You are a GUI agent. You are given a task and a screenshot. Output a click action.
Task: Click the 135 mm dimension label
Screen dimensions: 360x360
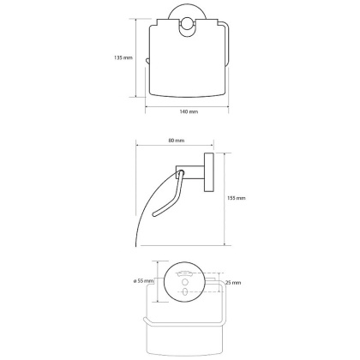pos(123,57)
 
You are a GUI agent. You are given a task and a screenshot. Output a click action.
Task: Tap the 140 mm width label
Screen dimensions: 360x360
pos(189,111)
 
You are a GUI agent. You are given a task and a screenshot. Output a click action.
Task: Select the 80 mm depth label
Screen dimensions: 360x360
pos(177,141)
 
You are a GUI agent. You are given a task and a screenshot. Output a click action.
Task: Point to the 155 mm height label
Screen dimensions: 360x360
pos(237,198)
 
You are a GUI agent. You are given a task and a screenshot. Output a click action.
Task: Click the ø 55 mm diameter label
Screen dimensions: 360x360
pos(144,281)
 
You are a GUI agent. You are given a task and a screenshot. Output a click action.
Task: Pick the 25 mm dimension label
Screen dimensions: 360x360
pos(233,283)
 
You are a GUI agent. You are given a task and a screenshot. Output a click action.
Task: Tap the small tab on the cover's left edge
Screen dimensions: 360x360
pos(147,61)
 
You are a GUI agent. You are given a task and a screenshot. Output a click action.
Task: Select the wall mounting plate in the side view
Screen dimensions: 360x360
pos(208,172)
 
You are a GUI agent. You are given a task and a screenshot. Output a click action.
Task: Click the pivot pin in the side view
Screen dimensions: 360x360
pos(181,172)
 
